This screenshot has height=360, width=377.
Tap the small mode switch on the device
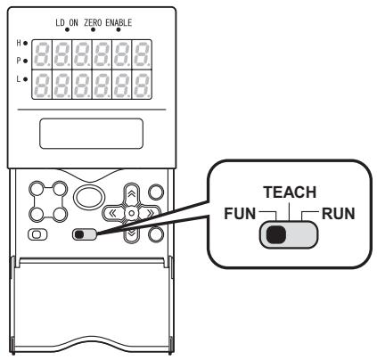pos(86,235)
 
